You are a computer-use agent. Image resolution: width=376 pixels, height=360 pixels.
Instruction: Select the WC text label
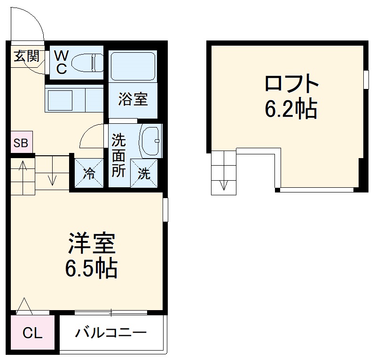tap(61, 62)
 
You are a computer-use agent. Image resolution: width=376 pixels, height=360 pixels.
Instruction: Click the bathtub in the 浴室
tap(132, 66)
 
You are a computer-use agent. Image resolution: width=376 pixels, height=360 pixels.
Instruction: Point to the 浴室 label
tap(133, 99)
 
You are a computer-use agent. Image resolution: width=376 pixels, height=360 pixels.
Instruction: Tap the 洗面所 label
tap(118, 156)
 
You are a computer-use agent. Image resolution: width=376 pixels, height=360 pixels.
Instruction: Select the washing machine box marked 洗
tap(144, 173)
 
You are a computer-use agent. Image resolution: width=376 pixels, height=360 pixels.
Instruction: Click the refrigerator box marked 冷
tap(88, 174)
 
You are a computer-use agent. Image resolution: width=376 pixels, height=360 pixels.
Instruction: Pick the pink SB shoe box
tap(21, 143)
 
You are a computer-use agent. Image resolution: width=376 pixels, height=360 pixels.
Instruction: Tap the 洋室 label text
tap(92, 244)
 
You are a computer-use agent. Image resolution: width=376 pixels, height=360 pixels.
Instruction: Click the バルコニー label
tap(111, 333)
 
